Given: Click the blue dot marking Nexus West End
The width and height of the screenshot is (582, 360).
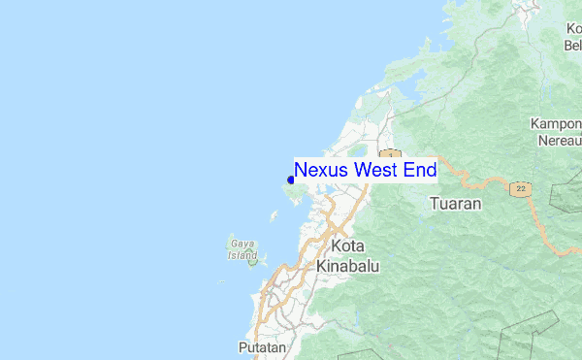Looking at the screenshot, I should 291,180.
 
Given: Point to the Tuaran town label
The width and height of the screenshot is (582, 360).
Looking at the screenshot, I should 455,204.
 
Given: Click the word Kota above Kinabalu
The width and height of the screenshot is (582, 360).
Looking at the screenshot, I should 347,246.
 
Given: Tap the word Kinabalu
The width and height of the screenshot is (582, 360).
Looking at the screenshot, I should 347,265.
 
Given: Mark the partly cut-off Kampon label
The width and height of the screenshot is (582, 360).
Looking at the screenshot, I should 556,123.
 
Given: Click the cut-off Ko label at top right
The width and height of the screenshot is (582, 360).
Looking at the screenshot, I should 573,28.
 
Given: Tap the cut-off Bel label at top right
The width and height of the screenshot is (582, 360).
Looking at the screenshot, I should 572,44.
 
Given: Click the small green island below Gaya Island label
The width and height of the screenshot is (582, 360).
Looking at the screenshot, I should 252,261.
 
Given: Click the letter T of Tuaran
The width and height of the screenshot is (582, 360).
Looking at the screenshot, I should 433,204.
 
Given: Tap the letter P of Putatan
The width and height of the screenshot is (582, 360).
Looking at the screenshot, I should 242,346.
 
